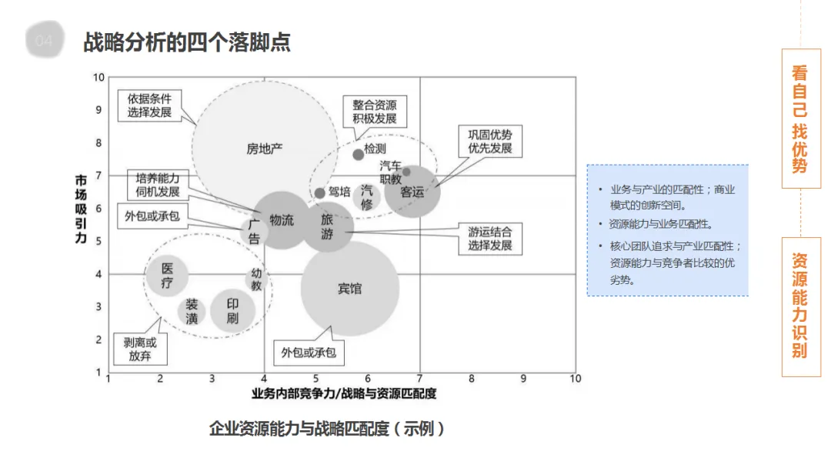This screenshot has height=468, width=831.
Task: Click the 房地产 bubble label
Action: pos(265,149)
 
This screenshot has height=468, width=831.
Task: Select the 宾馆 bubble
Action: pos(350,289)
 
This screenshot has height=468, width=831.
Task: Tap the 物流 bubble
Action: pos(282,220)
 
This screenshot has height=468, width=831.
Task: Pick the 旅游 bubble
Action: pos(327,227)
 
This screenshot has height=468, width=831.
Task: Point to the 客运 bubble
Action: pos(413,192)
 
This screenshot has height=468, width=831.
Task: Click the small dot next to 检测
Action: pos(358,154)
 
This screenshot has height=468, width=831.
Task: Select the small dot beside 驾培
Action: pos(320,192)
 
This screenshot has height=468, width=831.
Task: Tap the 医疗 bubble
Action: pos(167,276)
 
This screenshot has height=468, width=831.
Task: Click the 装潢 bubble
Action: pos(192,311)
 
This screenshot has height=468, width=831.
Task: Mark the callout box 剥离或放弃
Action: pos(140,349)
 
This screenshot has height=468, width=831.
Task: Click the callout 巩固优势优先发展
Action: pos(490,141)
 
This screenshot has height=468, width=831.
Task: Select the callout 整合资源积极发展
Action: pos(375,112)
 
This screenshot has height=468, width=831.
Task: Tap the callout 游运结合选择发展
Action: pos(489,239)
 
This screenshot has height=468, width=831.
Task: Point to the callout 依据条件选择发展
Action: pos(150,106)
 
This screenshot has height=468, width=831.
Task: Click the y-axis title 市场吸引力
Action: pos(80,209)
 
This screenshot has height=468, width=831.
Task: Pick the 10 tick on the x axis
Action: pos(575,379)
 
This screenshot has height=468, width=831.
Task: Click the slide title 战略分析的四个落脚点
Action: pos(186,42)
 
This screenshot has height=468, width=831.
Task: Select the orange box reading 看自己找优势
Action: pos(800,119)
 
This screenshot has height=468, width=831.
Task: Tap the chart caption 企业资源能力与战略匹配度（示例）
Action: pos(327,429)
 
